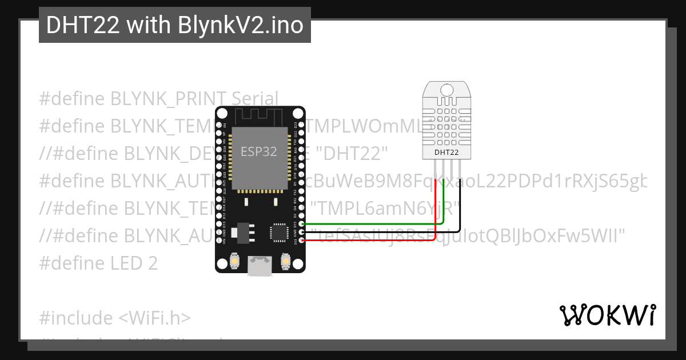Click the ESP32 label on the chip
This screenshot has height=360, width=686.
(x=258, y=151)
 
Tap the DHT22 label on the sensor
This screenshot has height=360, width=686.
(x=446, y=152)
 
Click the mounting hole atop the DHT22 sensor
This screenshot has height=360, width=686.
(x=446, y=89)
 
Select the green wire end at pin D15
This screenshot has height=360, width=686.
(x=302, y=225)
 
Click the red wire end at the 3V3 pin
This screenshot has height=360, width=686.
(x=302, y=240)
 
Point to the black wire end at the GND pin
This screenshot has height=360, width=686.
(x=302, y=233)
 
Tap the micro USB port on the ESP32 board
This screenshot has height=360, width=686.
(x=260, y=266)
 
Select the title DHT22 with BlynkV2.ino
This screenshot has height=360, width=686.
(x=174, y=25)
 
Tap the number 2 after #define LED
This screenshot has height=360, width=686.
(x=153, y=263)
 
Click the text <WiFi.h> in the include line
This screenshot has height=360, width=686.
(x=154, y=318)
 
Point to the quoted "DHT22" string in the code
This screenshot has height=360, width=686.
(x=352, y=154)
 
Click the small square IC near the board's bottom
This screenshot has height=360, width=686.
(x=279, y=231)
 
